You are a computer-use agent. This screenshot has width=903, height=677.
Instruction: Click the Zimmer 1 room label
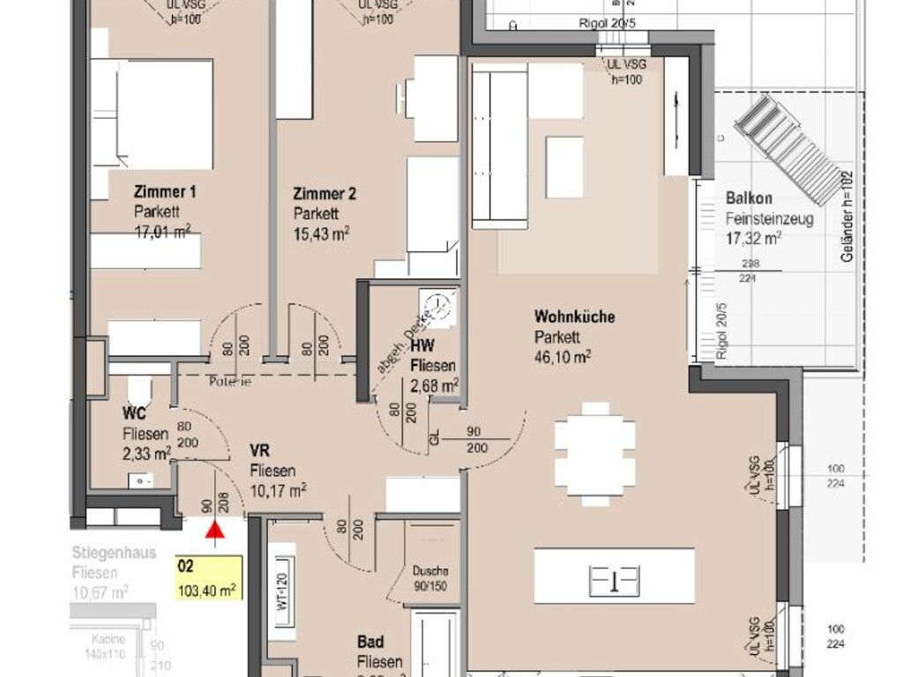(x=165, y=192)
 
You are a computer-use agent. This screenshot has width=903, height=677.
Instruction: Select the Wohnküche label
(x=574, y=317)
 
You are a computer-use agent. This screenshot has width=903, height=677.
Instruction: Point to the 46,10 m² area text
(x=562, y=356)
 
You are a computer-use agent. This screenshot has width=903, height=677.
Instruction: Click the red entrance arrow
(x=213, y=529)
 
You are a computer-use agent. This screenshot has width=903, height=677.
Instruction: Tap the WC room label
(x=133, y=413)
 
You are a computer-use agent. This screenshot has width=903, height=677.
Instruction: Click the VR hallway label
(x=258, y=450)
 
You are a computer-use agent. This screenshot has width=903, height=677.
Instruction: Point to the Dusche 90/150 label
(x=429, y=577)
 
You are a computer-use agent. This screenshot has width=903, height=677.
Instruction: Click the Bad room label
(x=371, y=642)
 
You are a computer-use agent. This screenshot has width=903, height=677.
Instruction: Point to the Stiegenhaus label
(x=114, y=553)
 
